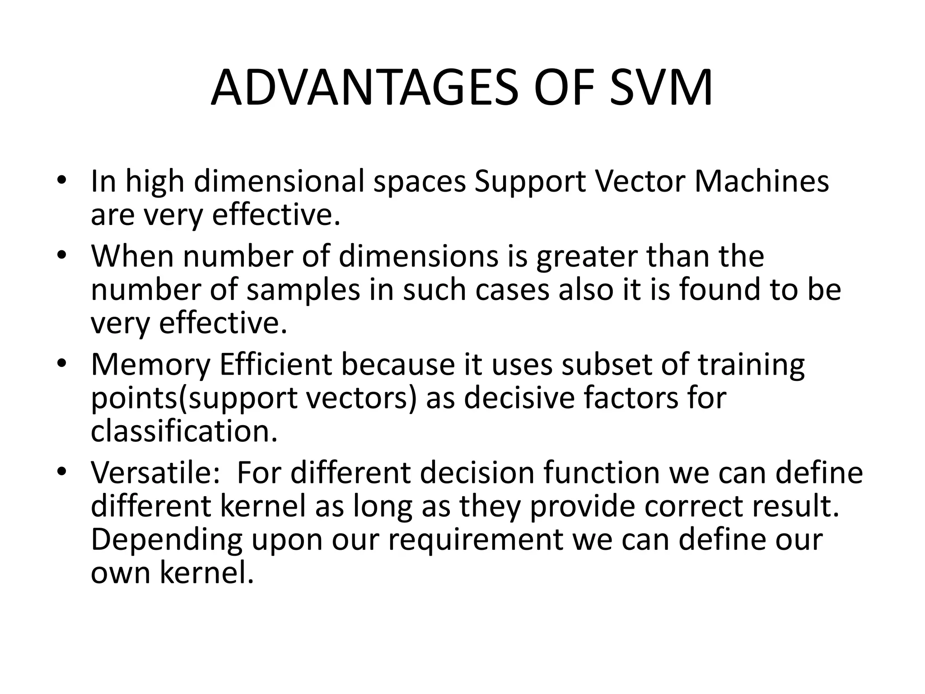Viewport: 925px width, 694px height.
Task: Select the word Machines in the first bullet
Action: point(761,182)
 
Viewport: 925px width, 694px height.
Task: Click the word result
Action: point(795,506)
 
